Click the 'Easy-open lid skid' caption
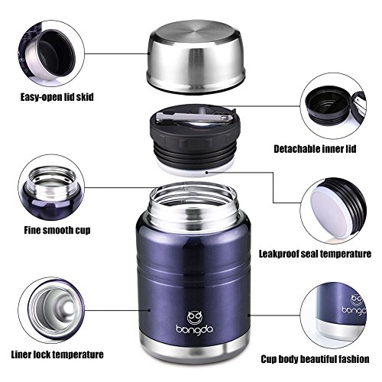[x=57, y=97]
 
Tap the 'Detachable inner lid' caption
[x=315, y=149]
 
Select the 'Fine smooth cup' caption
[x=57, y=230]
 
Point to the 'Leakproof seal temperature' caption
[x=315, y=254]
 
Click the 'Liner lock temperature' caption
[x=57, y=354]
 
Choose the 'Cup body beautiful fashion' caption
[x=315, y=359]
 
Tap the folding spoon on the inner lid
[x=195, y=117]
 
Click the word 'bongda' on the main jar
[x=195, y=330]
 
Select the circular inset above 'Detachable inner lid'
[x=333, y=105]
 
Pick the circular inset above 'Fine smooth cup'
[x=51, y=187]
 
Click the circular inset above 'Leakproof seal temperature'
[x=333, y=211]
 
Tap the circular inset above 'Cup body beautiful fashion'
[x=333, y=316]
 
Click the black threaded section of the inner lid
[x=195, y=151]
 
